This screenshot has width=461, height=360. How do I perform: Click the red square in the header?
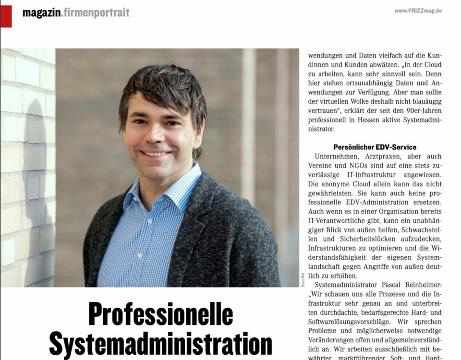point(6,16)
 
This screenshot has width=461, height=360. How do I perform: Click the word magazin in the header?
point(41,13)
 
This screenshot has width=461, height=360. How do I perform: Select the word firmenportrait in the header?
point(97,13)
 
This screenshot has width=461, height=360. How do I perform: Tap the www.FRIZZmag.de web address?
point(418,11)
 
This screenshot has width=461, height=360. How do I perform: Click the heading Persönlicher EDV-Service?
point(375,147)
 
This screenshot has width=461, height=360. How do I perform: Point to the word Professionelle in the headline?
point(160,315)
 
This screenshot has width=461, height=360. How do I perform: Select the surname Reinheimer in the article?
point(421,284)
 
